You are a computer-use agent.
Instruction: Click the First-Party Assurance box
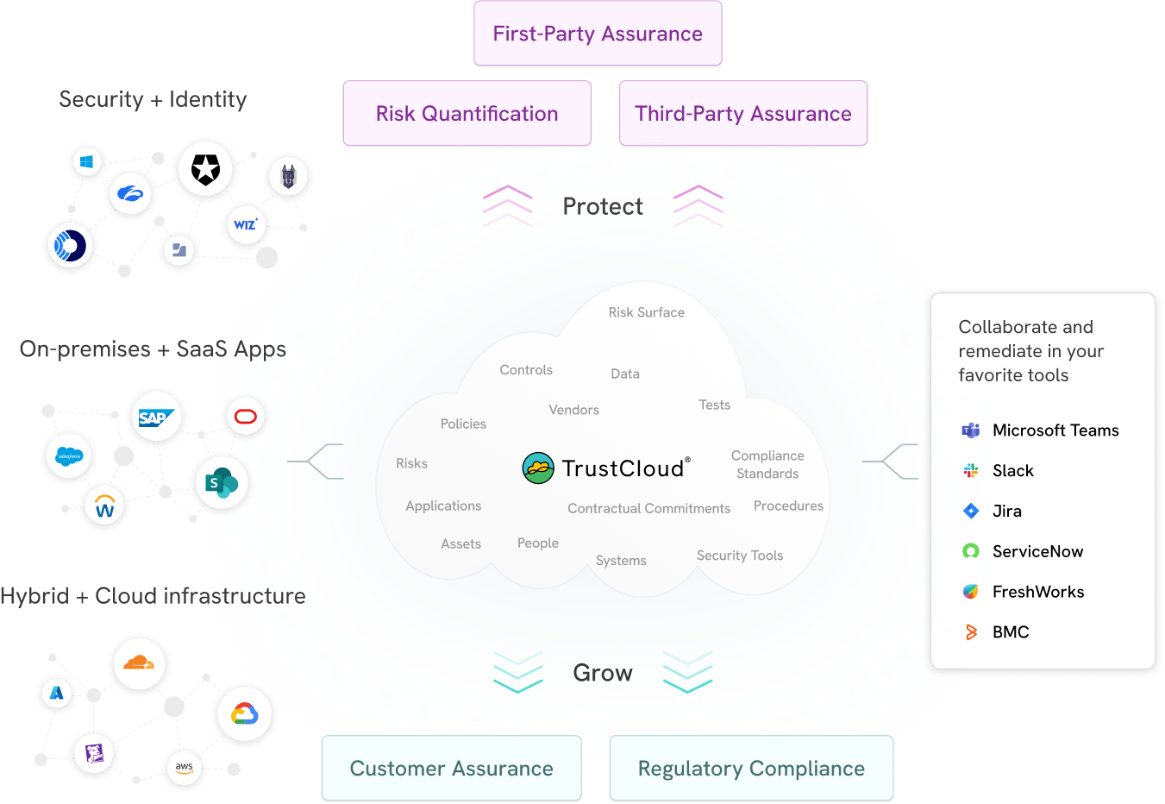598,34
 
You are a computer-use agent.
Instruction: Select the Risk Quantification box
467,114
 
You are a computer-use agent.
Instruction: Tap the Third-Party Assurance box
742,114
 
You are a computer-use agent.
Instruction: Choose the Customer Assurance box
451,768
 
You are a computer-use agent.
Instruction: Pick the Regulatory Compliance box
751,768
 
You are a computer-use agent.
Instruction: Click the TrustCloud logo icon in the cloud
538,468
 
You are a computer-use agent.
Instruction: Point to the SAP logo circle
157,418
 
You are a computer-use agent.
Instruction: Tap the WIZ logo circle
246,225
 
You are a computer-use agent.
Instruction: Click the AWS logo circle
184,767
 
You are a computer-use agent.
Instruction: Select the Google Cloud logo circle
244,713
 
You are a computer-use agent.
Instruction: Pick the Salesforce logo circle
68,456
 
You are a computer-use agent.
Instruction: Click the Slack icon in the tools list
971,470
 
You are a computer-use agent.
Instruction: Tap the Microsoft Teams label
1055,430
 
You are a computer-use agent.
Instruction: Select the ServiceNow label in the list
1037,551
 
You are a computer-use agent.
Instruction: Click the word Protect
603,207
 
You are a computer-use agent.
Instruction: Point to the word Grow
603,673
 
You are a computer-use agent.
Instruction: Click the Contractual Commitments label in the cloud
648,508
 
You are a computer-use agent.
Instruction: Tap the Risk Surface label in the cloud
646,312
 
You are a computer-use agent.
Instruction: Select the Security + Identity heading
153,100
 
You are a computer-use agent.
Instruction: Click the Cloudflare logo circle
139,664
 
